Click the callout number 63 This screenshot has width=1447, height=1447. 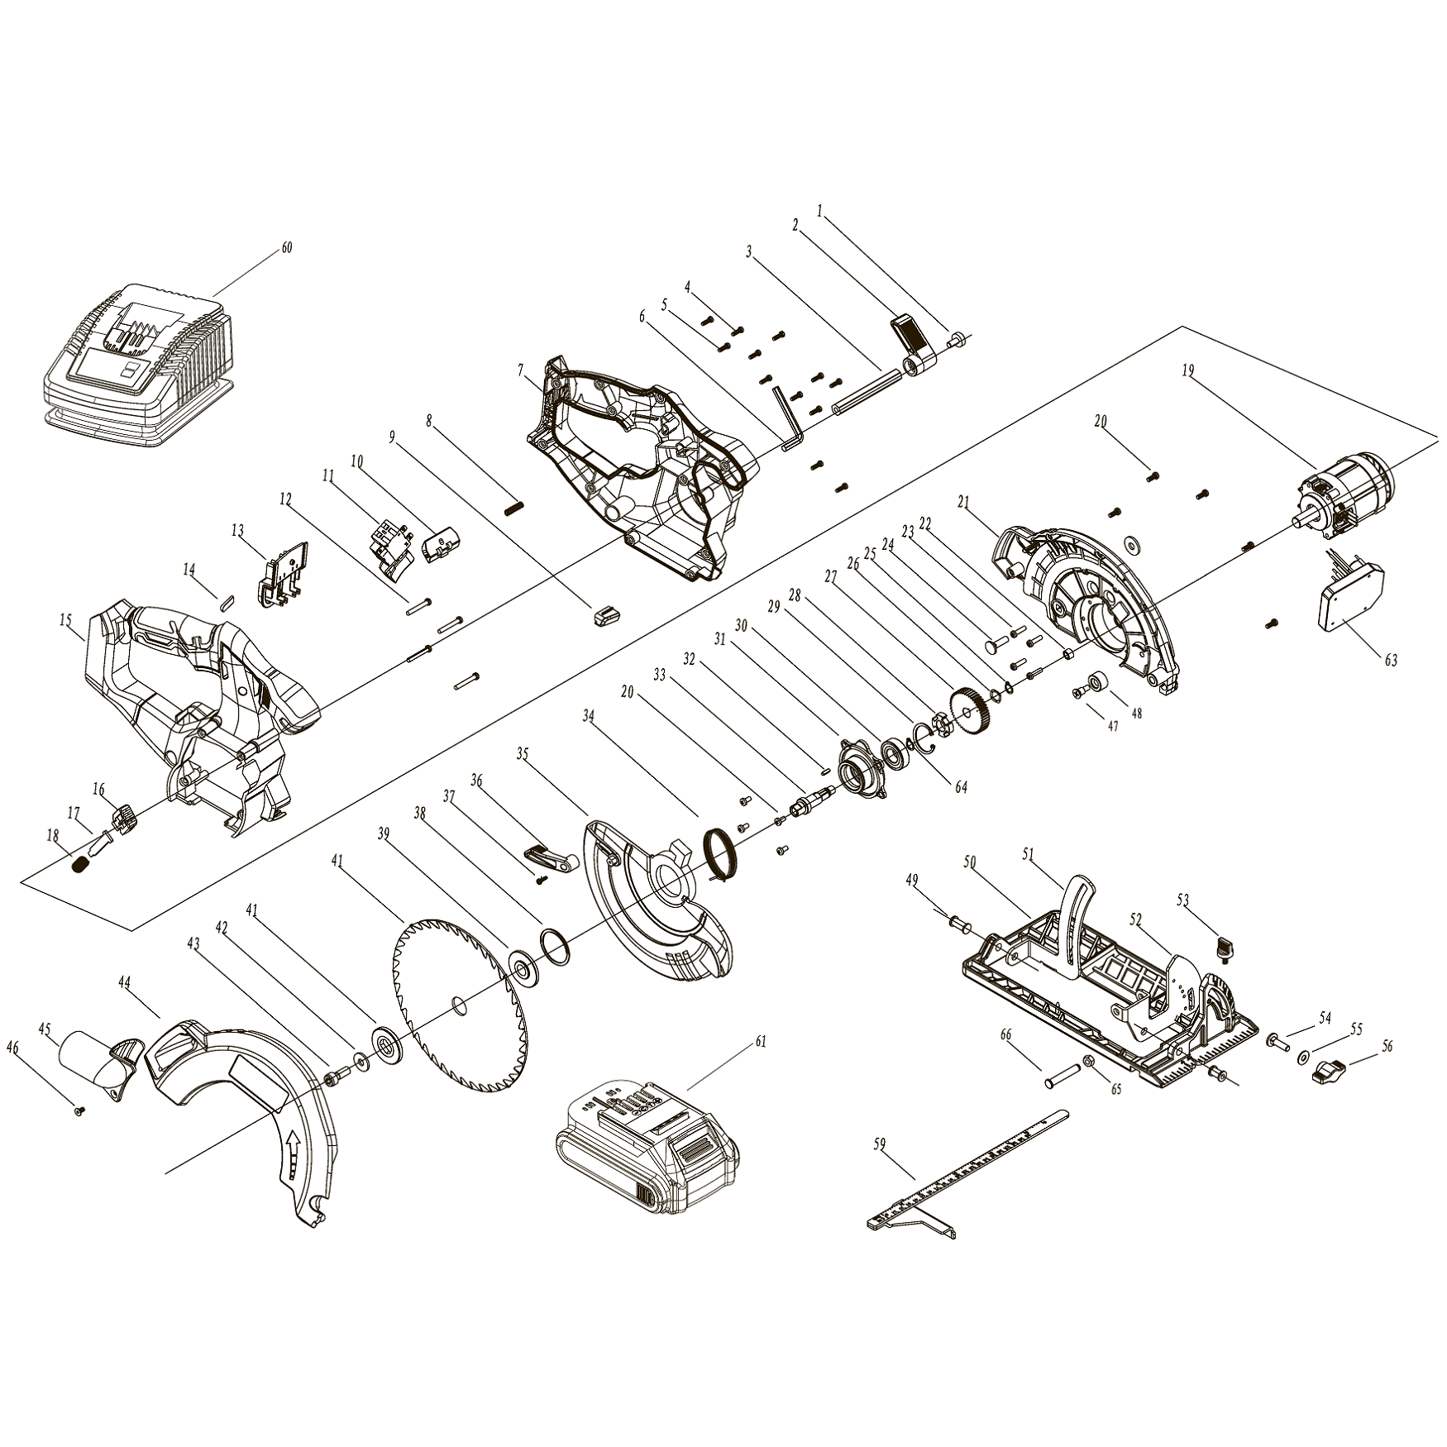click(1391, 660)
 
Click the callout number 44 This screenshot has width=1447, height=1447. click(125, 982)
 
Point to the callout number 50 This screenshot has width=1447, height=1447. click(970, 862)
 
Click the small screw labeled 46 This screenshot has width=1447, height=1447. click(80, 1112)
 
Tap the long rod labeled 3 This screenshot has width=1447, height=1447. click(866, 389)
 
